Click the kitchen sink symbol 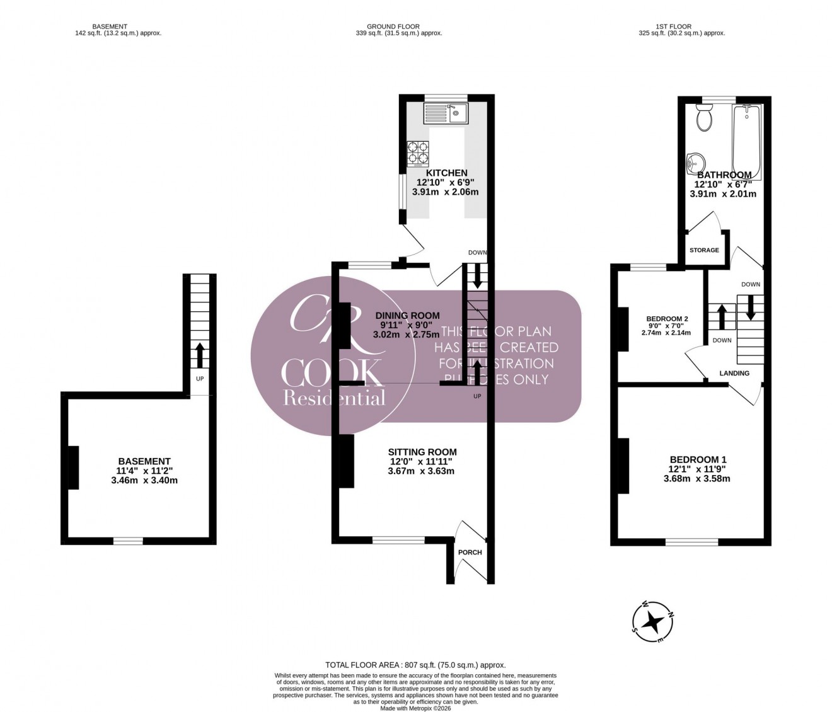[445, 113]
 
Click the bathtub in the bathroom [747, 142]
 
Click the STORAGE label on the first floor [704, 250]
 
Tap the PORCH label [470, 553]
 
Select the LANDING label [734, 373]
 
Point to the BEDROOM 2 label [667, 319]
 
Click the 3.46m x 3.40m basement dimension [144, 480]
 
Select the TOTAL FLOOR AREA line [415, 665]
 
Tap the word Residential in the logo [334, 398]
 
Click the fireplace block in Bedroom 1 [623, 466]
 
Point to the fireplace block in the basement [73, 467]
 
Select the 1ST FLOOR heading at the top [673, 26]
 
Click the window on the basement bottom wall [128, 540]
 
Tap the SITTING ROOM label [422, 452]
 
